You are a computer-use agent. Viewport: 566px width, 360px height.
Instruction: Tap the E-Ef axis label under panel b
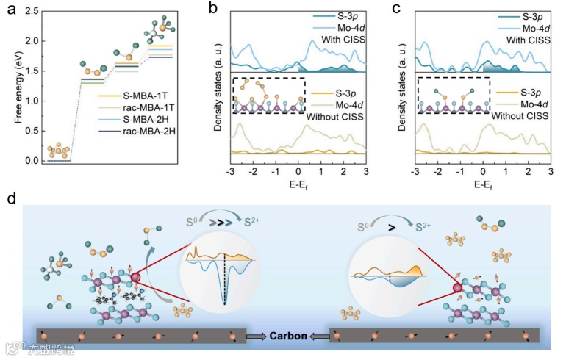[298, 186]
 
